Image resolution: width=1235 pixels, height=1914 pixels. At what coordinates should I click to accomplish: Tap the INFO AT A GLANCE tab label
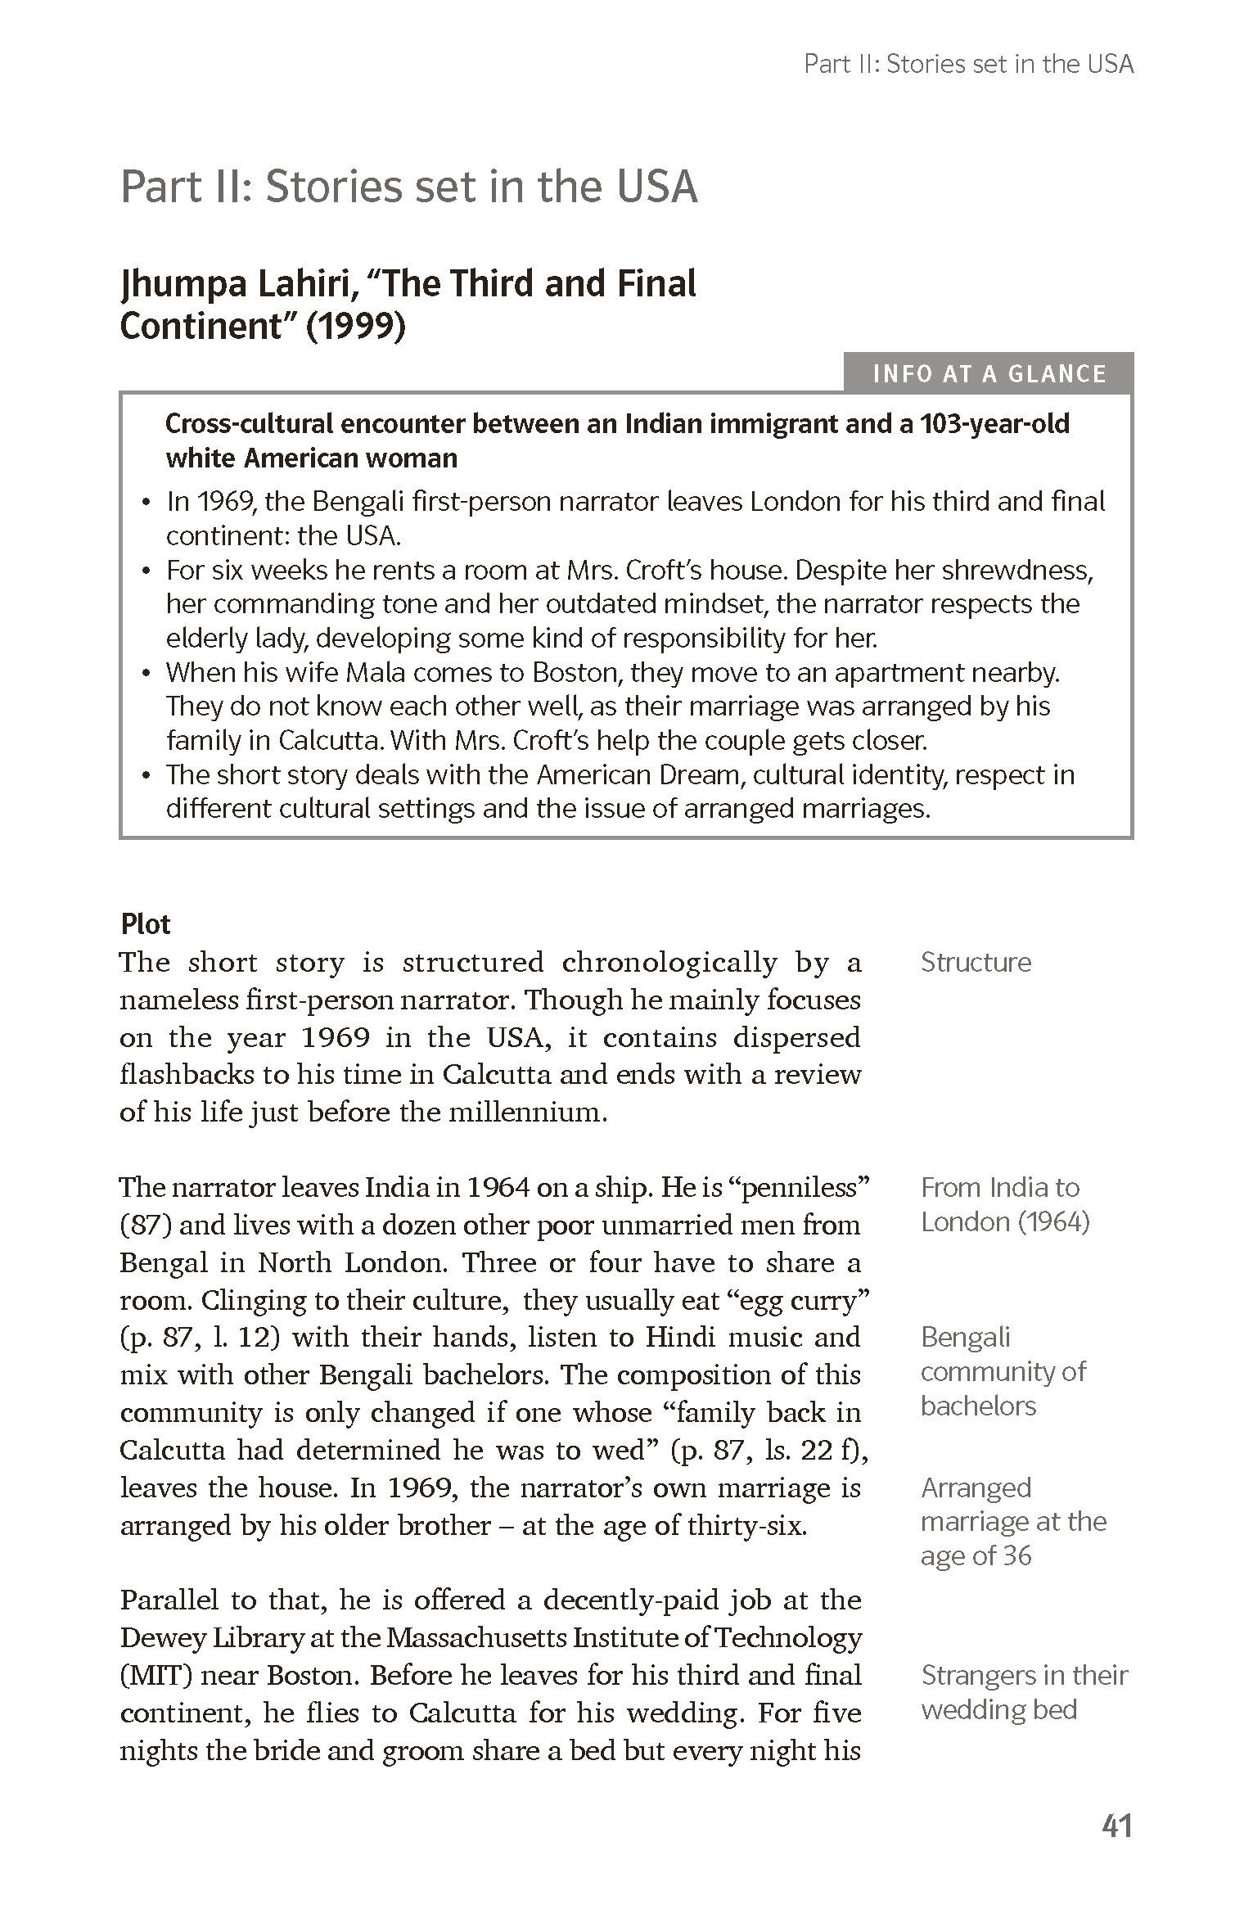[x=989, y=374]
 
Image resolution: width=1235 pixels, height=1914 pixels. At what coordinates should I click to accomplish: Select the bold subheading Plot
[x=146, y=923]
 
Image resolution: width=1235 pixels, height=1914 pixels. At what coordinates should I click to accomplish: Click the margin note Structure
[x=976, y=962]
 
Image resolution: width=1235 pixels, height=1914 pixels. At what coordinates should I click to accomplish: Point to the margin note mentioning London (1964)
[x=1005, y=1221]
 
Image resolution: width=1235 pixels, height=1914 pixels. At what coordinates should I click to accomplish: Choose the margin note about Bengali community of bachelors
[x=1003, y=1371]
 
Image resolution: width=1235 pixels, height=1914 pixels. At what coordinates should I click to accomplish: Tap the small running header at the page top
[x=969, y=64]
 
